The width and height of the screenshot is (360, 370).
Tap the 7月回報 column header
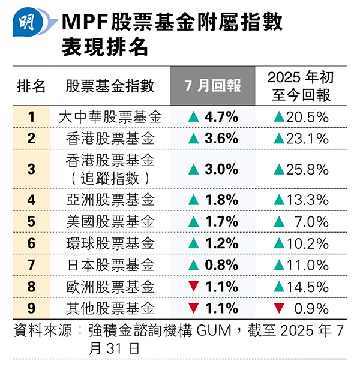click(213, 86)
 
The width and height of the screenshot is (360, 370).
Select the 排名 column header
click(31, 86)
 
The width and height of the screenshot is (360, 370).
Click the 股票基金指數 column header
click(110, 86)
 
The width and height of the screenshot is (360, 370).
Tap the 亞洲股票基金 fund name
click(110, 199)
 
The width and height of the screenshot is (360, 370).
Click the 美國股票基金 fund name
click(110, 221)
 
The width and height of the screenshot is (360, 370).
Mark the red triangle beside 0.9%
click(278, 309)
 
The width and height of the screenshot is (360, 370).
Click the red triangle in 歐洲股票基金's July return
click(193, 287)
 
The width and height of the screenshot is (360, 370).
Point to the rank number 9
click(31, 309)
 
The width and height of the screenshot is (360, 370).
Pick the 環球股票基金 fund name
click(110, 243)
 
